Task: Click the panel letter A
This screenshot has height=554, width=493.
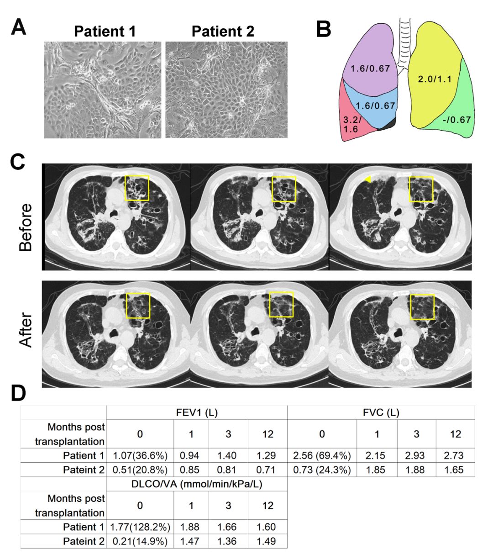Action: (18, 27)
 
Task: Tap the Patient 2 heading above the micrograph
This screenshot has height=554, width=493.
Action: (223, 32)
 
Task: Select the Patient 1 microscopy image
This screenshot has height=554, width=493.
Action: (102, 90)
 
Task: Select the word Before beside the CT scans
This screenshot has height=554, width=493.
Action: (26, 227)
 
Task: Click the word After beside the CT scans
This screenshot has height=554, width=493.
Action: (26, 330)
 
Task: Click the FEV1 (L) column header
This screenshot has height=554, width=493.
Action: (197, 413)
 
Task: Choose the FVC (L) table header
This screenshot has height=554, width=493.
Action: (381, 413)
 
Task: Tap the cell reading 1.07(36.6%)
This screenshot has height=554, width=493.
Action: (140, 455)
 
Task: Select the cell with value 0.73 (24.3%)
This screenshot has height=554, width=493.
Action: (322, 470)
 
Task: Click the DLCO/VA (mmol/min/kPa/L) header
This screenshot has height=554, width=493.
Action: (197, 484)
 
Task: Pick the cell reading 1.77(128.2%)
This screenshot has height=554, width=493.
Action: (140, 527)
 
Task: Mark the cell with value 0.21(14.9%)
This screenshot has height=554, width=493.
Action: (140, 541)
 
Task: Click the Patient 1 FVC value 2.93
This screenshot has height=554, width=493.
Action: (416, 455)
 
